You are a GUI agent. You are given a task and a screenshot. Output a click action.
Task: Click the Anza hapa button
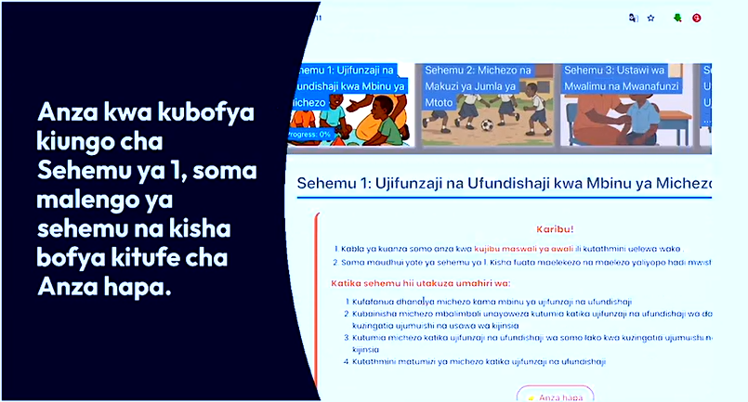[555, 396]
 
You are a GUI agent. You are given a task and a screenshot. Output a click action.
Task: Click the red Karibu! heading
[555, 228]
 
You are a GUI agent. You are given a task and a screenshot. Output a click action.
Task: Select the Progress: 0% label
[311, 134]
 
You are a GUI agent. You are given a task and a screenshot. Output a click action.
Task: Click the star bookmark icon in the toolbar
[650, 18]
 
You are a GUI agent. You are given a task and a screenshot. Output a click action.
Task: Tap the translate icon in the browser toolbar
[633, 18]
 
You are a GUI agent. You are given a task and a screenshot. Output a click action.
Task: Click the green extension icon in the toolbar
[677, 18]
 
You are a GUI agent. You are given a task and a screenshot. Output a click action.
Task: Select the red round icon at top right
[696, 18]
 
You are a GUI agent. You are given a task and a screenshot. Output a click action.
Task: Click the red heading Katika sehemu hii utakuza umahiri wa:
[421, 283]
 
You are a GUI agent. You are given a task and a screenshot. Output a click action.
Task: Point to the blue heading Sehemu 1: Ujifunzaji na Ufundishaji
[502, 183]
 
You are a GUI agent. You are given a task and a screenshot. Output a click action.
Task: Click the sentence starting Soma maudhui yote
[520, 264]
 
